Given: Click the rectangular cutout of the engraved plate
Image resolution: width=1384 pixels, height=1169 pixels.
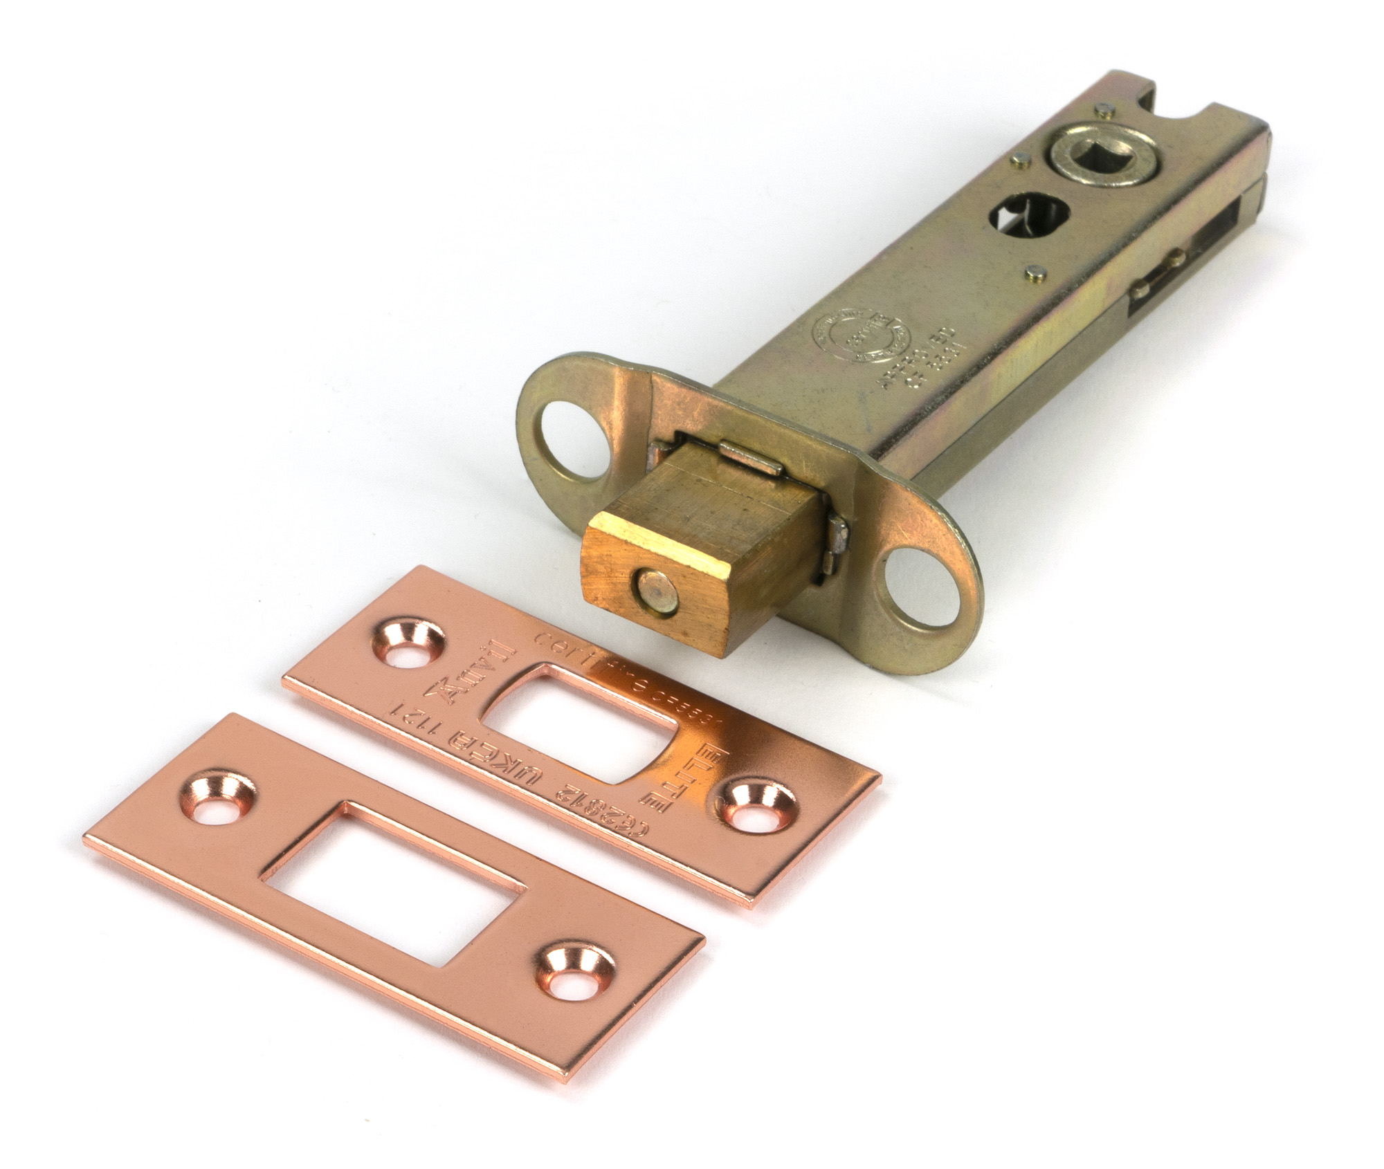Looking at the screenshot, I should (x=581, y=724).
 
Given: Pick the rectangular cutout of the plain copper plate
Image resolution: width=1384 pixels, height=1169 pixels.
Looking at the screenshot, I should (x=399, y=867).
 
